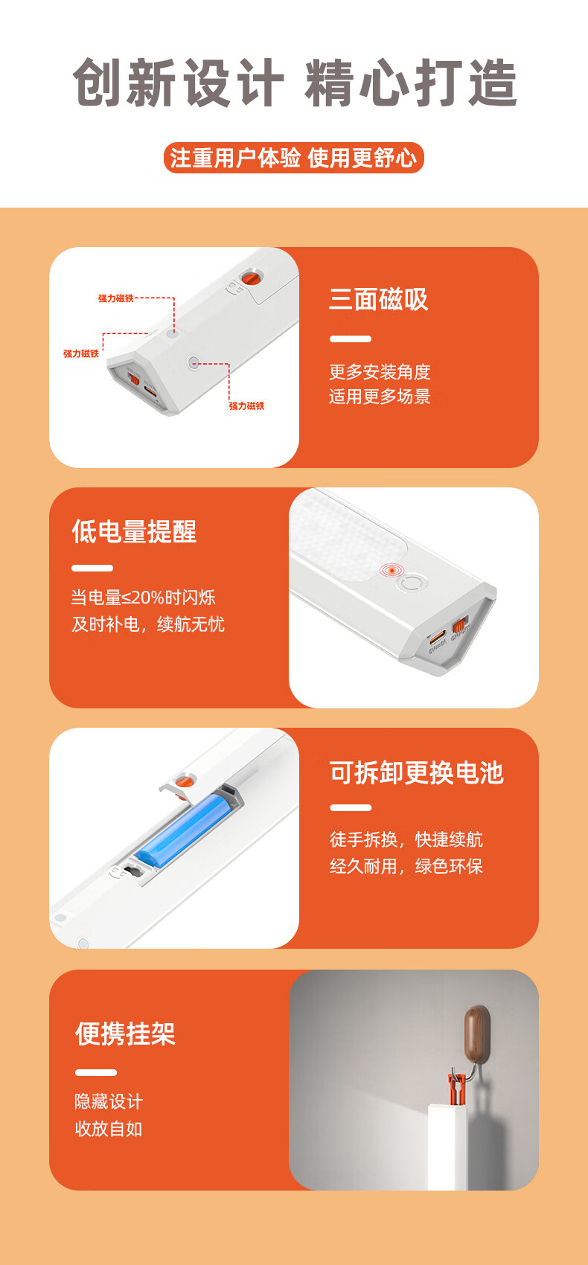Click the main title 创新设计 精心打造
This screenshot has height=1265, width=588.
point(294,83)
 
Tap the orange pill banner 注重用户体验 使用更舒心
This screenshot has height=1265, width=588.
point(294,158)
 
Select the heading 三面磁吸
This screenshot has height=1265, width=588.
point(378,298)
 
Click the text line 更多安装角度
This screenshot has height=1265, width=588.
point(380,371)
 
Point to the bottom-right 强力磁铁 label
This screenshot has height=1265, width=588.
point(246,406)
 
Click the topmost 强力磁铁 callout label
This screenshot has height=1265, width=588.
point(116,298)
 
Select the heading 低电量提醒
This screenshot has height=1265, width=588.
point(134,531)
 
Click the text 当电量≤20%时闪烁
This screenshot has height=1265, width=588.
point(144,597)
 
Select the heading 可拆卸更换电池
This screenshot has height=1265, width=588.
point(416,772)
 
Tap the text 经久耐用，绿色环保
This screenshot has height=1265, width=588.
point(406,865)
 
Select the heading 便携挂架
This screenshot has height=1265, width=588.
point(125,1034)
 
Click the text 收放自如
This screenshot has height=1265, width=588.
point(109,1128)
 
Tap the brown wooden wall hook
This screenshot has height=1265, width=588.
point(476,1034)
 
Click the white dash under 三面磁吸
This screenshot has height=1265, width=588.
point(351,339)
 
